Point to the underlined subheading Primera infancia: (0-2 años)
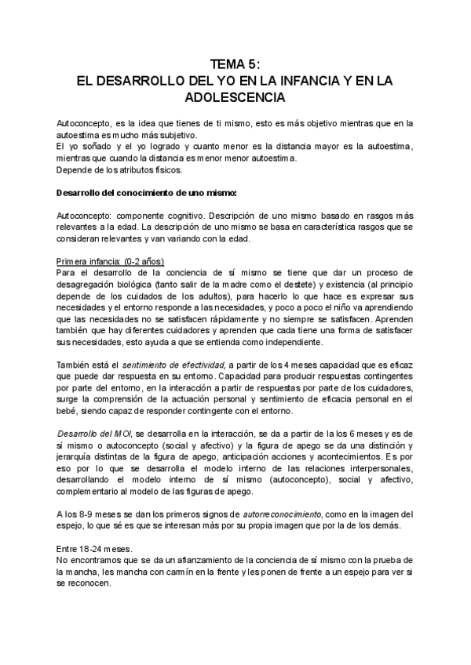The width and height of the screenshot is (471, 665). [111, 260]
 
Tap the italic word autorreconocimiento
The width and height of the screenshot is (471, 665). [276, 513]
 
